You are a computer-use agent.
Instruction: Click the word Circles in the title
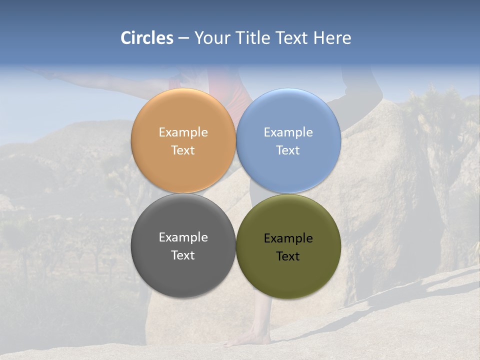coord(147,38)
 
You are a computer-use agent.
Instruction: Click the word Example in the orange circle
coord(183,132)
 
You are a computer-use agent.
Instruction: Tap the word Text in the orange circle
coord(183,150)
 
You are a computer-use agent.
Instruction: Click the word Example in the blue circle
coord(288,132)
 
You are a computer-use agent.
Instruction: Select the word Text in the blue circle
coord(288,150)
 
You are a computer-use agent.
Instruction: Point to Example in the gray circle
coord(183,237)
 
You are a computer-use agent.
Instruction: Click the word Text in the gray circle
coord(183,255)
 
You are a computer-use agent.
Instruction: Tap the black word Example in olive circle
coord(288,238)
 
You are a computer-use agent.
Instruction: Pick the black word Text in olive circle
coord(288,256)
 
